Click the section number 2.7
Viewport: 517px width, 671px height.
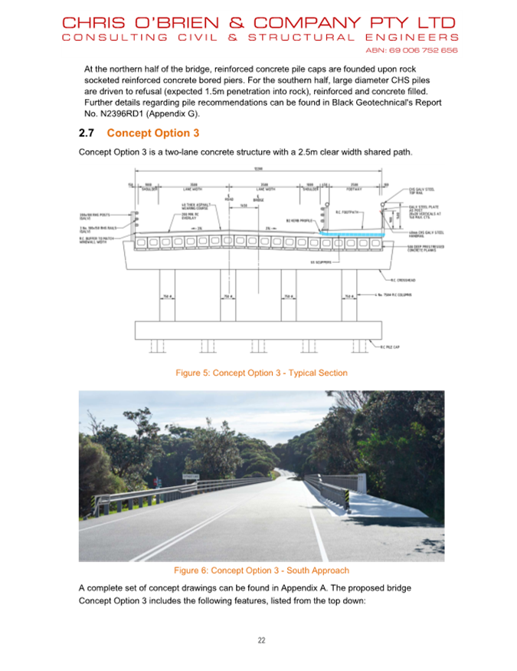tap(87, 133)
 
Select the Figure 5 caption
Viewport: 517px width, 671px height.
tap(261, 373)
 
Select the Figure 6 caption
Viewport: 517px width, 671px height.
tap(261, 571)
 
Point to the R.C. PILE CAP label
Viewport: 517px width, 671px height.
tap(391, 347)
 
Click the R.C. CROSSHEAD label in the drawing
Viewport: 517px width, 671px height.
tap(404, 281)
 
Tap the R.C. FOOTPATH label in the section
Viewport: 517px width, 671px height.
tap(348, 212)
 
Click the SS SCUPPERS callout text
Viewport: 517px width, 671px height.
tap(322, 262)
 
